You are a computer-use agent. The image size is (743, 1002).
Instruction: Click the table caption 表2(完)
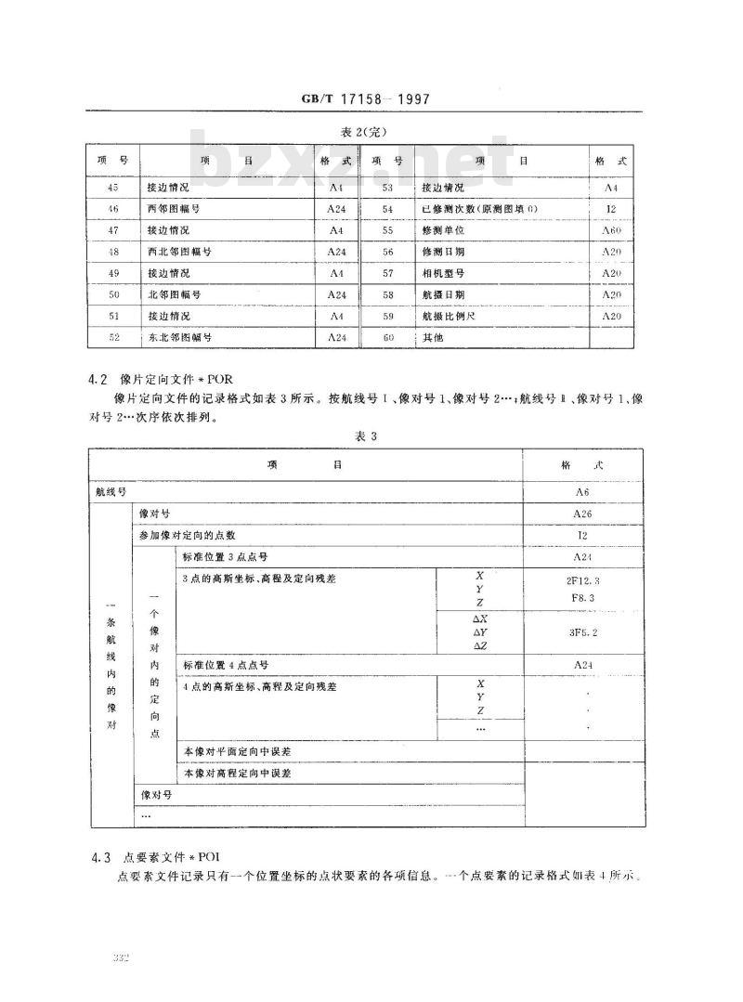[x=364, y=131]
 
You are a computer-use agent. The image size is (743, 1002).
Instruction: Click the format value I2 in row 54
[x=611, y=209]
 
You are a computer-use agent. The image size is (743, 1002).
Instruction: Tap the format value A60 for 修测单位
[x=611, y=230]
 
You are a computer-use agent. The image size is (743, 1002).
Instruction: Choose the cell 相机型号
[x=443, y=273]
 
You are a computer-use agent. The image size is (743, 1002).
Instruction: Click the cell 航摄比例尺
[x=449, y=316]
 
